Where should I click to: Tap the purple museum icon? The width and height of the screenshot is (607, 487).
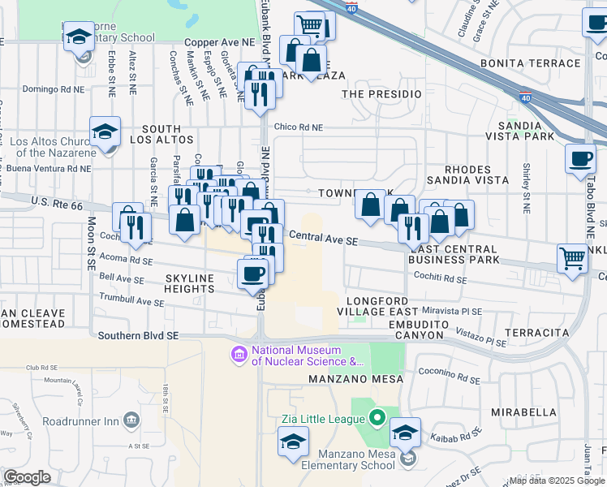point(239,355)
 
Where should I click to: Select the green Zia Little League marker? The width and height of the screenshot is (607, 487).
point(377,419)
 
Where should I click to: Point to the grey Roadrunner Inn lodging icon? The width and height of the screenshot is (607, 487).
point(129,420)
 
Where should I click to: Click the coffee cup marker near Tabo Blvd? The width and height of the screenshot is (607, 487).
point(580,159)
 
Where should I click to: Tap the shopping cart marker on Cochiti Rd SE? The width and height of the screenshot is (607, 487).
point(573,260)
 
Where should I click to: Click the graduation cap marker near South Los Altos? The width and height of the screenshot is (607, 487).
point(105,132)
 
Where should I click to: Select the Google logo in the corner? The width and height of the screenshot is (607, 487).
point(28,476)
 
